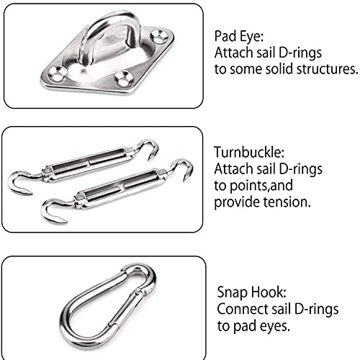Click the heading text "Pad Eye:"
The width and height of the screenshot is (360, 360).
[239, 37]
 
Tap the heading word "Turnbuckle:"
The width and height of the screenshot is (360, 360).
[249, 152]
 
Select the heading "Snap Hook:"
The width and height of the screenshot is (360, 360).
[252, 292]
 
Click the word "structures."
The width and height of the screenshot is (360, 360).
[327, 69]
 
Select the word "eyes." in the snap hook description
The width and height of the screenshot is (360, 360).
[275, 326]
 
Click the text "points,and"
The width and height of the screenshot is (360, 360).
[261, 186]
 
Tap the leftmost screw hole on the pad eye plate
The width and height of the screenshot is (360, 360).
[58, 73]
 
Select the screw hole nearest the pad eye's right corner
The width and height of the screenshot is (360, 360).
[159, 36]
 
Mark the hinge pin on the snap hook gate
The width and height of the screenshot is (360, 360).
[138, 293]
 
